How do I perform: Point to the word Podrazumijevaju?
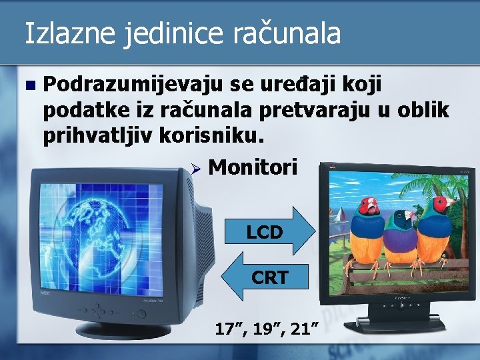point(133,85)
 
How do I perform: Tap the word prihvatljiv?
point(98,135)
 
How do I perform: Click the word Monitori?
point(253,167)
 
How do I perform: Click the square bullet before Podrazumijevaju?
point(28,85)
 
